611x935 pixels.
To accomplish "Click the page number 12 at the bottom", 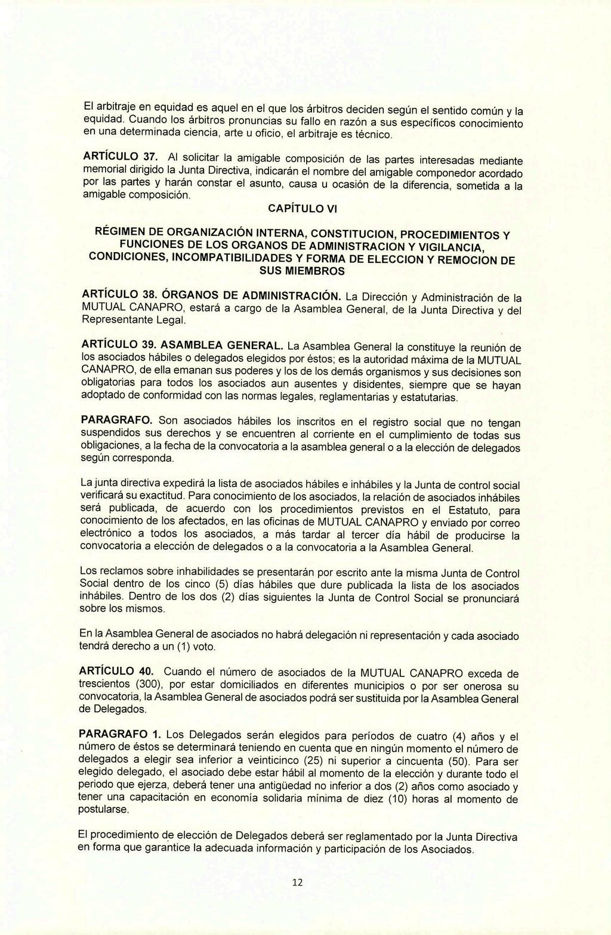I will pyautogui.click(x=298, y=883).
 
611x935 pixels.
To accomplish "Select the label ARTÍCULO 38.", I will pyautogui.click(x=118, y=295).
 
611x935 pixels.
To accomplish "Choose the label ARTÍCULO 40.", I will pyautogui.click(x=113, y=672).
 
